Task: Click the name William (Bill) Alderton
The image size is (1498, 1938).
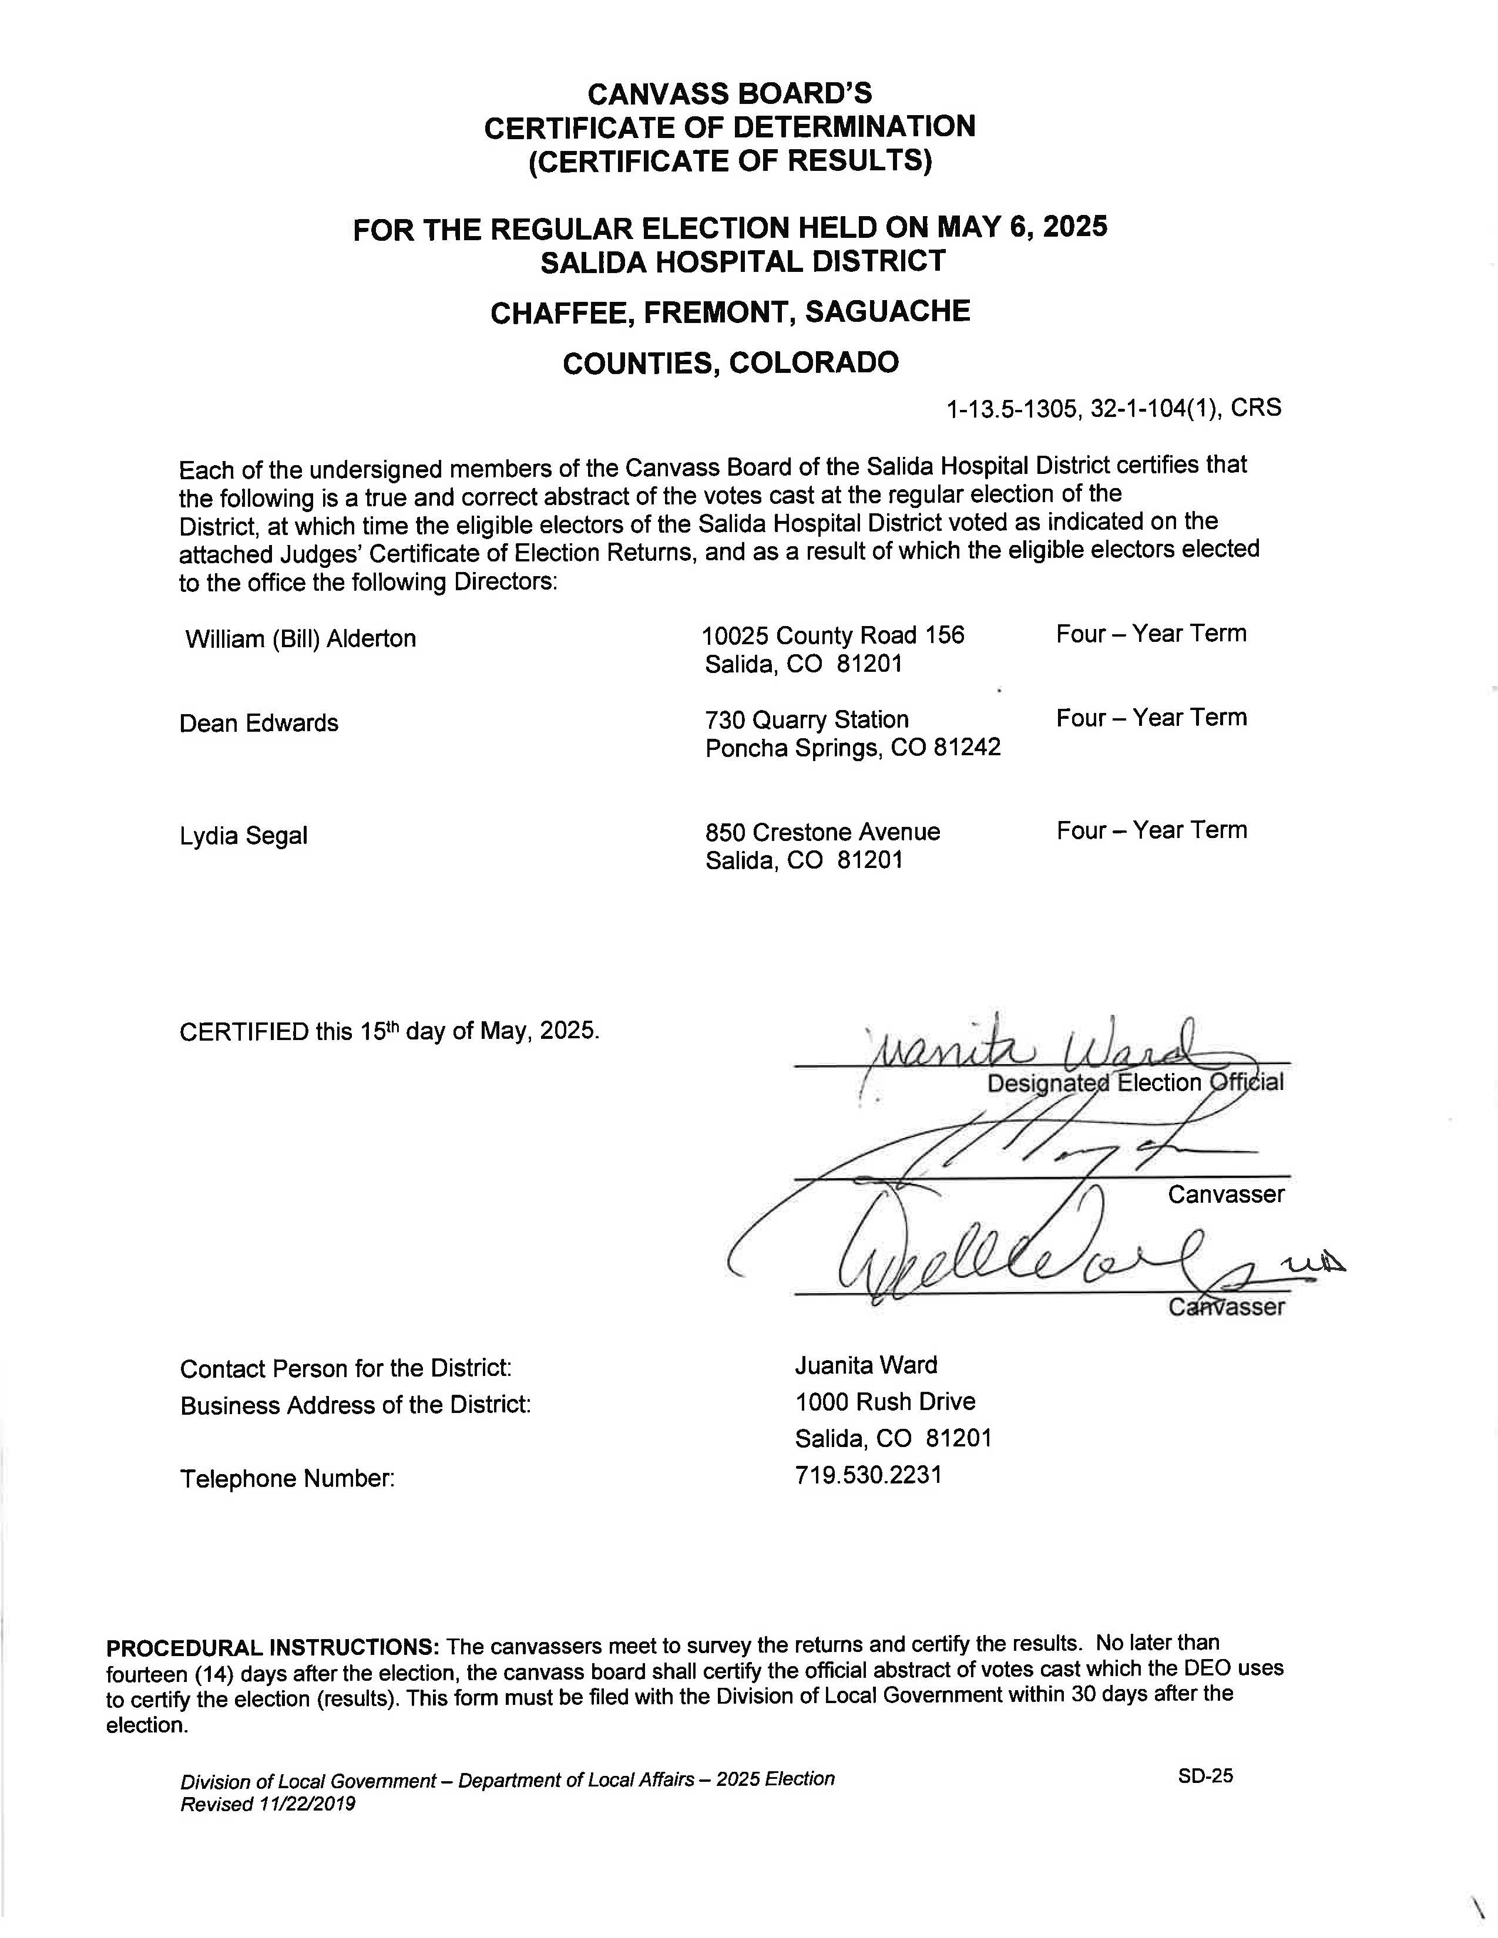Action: pos(300,639)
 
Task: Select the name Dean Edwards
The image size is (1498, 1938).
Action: pos(258,723)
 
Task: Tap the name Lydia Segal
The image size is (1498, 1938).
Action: pos(243,836)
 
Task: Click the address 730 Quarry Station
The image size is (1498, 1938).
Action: pos(807,719)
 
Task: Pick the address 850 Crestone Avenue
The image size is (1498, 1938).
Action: pos(822,832)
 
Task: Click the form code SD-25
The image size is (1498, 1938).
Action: pos(1205,1775)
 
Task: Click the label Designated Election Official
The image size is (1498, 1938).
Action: pos(1134,1084)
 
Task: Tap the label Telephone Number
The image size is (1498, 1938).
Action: pos(287,1478)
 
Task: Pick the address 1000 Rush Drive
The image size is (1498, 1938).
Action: pos(884,1401)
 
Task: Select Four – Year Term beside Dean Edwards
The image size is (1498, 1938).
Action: pos(1150,718)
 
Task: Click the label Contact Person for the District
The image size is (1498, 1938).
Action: pos(345,1369)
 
